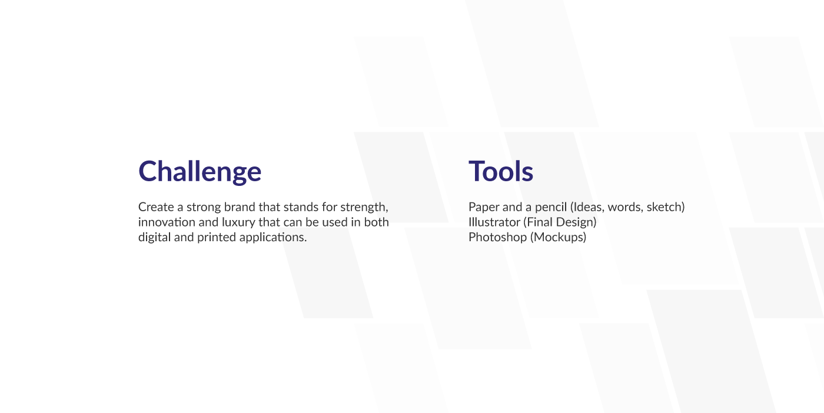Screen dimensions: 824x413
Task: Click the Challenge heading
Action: coord(200,171)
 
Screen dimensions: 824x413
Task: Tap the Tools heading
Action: coord(501,171)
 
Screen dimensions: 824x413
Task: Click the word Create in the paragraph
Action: coord(156,207)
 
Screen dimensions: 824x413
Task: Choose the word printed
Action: coord(217,238)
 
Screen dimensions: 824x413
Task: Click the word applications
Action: coord(273,238)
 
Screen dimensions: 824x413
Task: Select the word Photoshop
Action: coord(497,238)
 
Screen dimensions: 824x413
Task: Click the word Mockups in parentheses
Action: coord(558,237)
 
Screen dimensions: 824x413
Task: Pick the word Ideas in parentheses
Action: coord(587,208)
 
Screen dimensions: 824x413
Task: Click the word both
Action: coord(376,222)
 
